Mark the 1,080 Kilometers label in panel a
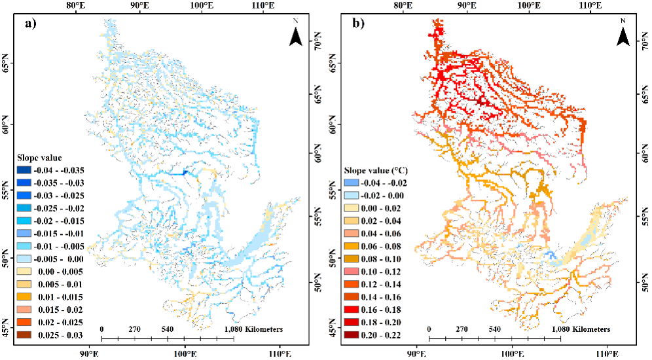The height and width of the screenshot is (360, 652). click(254, 329)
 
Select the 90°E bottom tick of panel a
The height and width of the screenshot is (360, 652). click(89, 354)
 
